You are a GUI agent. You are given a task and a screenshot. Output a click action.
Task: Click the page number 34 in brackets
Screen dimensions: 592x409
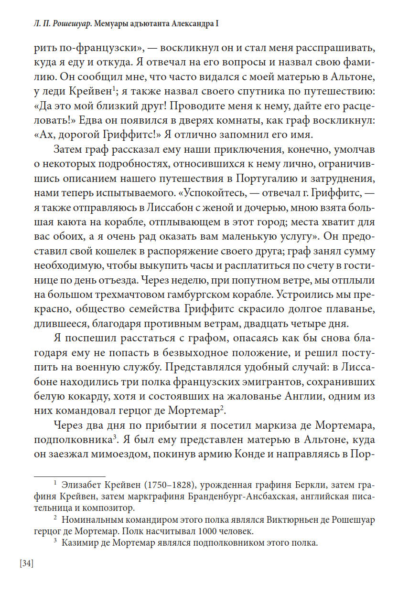pos(26,563)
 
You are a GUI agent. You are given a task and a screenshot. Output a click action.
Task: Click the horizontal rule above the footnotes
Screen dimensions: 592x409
pos(69,476)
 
